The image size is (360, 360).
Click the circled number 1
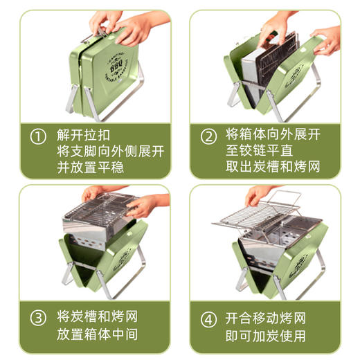(x=38, y=136)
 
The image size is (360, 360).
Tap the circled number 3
(x=38, y=318)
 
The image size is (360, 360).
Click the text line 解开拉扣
(x=83, y=136)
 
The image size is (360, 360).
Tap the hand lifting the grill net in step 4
(x=260, y=195)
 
